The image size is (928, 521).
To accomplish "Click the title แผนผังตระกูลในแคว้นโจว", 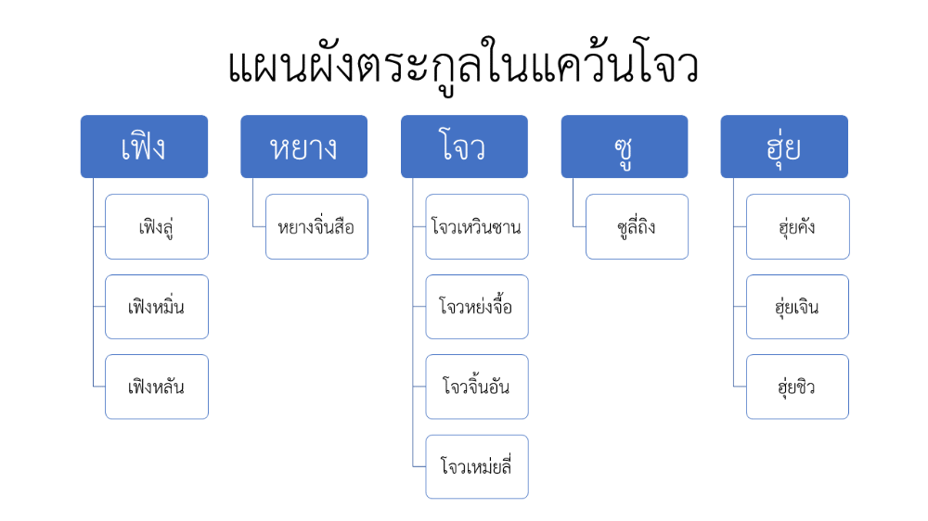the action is click(x=463, y=66).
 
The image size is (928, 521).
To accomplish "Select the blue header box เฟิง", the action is click(x=145, y=146).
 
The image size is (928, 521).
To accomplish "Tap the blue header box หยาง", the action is click(x=304, y=146).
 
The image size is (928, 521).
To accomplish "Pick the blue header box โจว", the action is click(x=465, y=146).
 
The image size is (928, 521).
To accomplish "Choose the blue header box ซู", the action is click(x=625, y=146).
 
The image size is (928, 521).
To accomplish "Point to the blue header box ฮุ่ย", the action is click(x=784, y=146).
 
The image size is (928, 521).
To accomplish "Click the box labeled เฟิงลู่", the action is click(x=157, y=226).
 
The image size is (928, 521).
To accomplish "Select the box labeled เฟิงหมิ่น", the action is click(x=157, y=307).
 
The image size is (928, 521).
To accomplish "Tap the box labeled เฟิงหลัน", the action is click(x=157, y=387).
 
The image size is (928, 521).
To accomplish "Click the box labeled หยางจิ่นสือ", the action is click(x=316, y=226).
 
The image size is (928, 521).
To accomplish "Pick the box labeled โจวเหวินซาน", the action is click(x=477, y=226).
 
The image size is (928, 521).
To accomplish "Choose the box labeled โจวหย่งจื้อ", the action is click(x=477, y=307).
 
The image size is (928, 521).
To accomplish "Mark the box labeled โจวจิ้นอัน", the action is click(x=477, y=387).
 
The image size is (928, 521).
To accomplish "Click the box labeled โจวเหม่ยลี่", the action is click(x=477, y=467).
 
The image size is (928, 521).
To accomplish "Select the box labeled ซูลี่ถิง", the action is click(x=637, y=226).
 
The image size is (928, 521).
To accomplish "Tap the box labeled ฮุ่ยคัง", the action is click(x=798, y=226).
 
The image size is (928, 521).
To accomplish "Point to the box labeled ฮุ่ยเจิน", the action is click(x=798, y=307).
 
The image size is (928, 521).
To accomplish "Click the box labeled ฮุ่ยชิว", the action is click(x=798, y=387).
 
